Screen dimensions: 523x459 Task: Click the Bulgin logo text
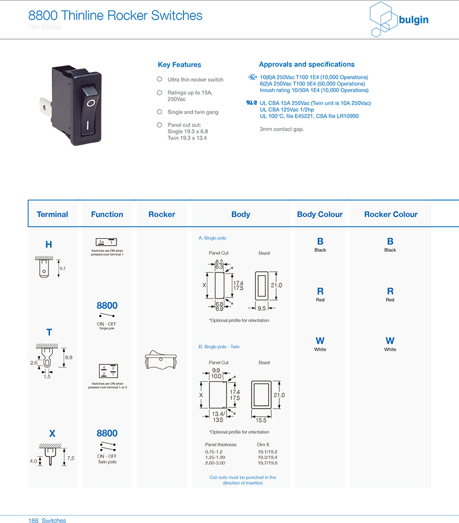point(413,20)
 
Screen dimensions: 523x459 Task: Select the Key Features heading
point(179,65)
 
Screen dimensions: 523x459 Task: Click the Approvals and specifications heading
point(307,64)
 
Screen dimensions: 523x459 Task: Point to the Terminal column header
point(52,214)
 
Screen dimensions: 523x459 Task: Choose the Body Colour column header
point(320,214)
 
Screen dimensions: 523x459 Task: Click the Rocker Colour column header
point(390,214)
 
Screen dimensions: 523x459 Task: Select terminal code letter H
point(48,245)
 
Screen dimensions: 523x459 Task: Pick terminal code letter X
point(52,434)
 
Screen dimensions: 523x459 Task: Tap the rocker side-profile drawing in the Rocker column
point(162,360)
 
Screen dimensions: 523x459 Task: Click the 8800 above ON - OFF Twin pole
point(107,433)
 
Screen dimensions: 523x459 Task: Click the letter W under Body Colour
point(320,341)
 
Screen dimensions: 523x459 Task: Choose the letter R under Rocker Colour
point(390,291)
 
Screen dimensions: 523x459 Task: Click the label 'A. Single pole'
point(212,238)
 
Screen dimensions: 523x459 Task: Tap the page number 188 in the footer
point(34,520)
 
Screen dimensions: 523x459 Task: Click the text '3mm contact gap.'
point(281,129)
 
